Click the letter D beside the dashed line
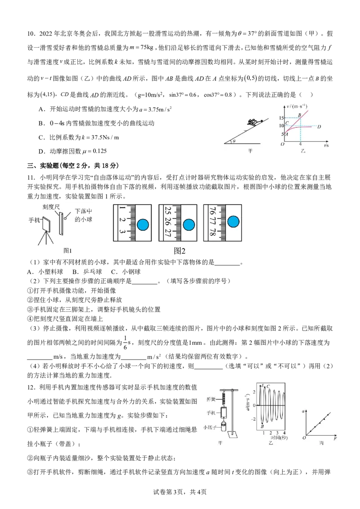click(x=319, y=126)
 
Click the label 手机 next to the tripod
click(x=34, y=220)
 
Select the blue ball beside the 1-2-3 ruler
click(x=143, y=224)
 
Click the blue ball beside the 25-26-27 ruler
click(x=188, y=224)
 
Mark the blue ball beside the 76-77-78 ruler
click(x=233, y=221)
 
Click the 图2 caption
click(x=180, y=251)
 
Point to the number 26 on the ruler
click(x=167, y=222)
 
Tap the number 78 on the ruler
click(x=212, y=232)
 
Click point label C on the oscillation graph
click(x=269, y=386)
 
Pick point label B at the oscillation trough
click(x=262, y=425)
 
